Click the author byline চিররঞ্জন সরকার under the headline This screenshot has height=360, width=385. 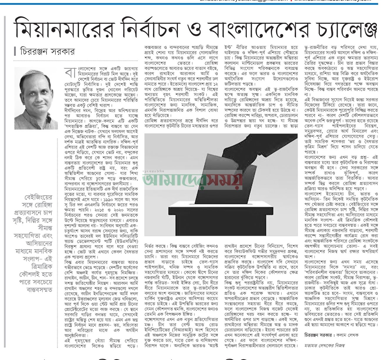point(47,52)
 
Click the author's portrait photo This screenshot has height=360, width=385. point(36,98)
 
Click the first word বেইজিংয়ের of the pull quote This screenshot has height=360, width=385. point(38,197)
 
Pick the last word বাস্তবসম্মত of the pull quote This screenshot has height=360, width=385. point(39,289)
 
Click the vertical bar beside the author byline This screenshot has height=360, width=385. point(15,52)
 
